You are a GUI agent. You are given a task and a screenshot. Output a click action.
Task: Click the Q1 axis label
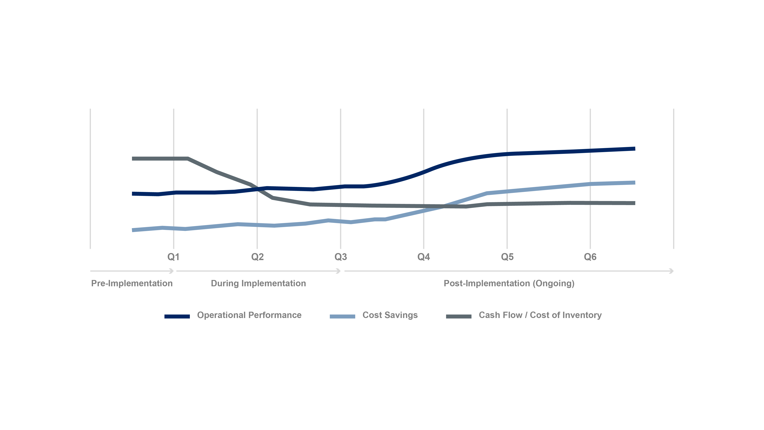tap(173, 257)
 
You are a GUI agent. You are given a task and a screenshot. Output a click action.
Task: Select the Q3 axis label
tap(341, 257)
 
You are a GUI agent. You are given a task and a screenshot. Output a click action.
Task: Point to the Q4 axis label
tap(423, 257)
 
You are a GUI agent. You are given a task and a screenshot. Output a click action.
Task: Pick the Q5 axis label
tap(507, 257)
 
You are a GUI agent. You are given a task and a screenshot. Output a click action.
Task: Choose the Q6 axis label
tap(590, 257)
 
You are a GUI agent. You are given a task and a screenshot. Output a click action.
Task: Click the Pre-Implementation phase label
tap(132, 283)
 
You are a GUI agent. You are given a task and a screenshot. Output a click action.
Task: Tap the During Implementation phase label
tap(258, 283)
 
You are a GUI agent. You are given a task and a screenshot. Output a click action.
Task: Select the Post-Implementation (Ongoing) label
tap(509, 283)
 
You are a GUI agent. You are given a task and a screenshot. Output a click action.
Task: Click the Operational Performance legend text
tap(249, 315)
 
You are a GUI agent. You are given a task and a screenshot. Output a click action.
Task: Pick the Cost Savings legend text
tap(390, 315)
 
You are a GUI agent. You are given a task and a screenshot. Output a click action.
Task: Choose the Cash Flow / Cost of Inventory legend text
tap(540, 315)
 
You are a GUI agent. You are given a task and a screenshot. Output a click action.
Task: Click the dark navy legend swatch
tap(177, 316)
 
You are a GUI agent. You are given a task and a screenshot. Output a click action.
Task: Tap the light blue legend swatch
tap(342, 316)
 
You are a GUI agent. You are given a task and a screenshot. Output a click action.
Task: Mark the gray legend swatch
tap(459, 316)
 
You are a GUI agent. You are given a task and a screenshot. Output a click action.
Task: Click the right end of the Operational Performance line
tap(634, 149)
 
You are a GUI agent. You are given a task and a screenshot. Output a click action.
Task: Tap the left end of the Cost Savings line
tap(133, 230)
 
